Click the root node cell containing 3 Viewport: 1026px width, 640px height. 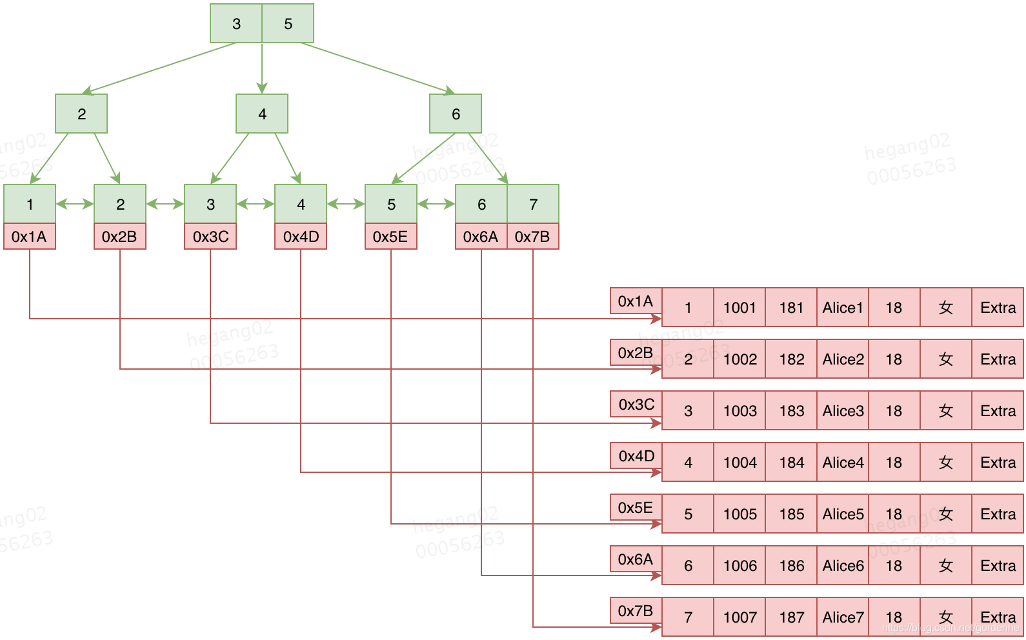(236, 24)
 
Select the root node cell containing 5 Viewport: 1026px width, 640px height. (288, 24)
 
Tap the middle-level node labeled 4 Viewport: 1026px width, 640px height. (262, 114)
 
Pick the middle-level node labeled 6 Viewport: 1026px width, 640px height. (456, 114)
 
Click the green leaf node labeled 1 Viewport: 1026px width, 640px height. (30, 205)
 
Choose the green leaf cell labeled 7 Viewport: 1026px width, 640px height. (533, 205)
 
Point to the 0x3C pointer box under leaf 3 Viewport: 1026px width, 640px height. (210, 237)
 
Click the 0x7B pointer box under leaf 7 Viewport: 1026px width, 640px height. (533, 237)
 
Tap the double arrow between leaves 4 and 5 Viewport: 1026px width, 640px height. (346, 205)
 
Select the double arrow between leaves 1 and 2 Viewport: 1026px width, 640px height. (75, 205)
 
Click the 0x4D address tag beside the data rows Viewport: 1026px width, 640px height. (636, 456)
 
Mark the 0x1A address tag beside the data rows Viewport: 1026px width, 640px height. (636, 301)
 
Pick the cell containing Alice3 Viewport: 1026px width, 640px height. (843, 411)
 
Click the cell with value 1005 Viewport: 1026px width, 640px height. (739, 514)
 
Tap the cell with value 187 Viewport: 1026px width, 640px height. (791, 617)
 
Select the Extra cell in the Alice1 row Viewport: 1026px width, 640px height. (998, 308)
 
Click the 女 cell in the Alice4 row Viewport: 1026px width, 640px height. (946, 463)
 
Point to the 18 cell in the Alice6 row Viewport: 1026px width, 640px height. (894, 566)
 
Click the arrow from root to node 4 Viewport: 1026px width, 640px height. (262, 68)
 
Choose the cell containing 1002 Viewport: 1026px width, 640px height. (739, 359)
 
